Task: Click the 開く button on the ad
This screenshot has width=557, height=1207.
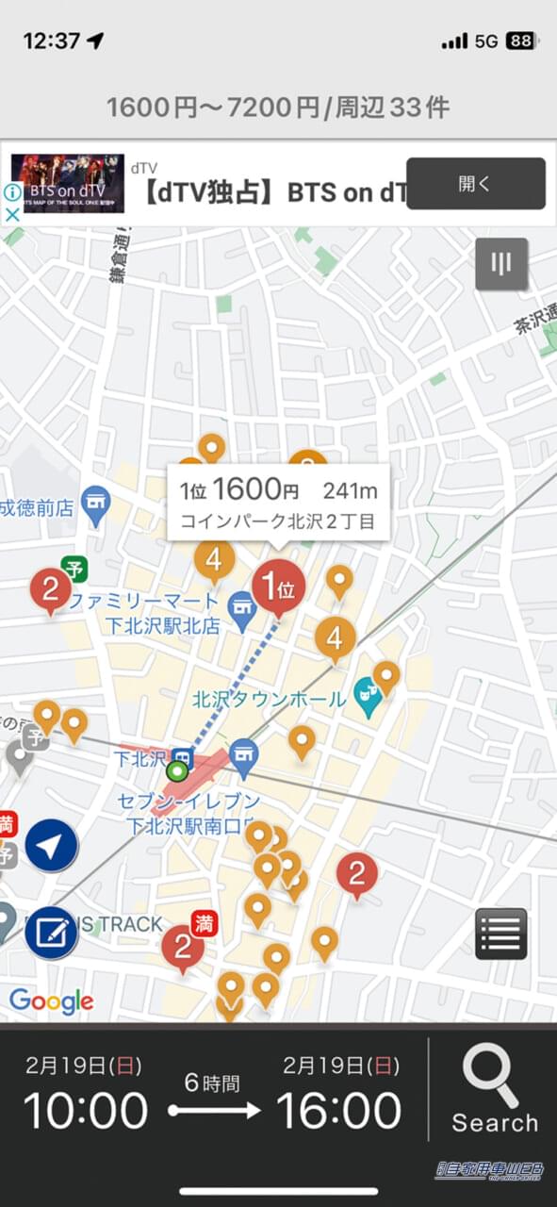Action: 475,183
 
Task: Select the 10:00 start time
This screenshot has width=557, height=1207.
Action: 86,1110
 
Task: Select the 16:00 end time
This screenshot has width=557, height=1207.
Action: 338,1110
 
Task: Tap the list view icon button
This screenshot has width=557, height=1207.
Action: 500,934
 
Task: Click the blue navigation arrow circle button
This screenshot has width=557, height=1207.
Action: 51,845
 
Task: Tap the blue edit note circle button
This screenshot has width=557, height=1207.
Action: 51,932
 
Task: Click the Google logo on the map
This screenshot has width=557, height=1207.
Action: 52,1001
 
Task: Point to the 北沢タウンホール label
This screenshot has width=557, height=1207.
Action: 269,700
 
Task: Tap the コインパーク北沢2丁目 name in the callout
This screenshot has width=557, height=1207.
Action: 277,521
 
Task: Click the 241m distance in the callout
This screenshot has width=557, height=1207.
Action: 350,490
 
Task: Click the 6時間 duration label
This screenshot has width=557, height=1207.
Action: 212,1083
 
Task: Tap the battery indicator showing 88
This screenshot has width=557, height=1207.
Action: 520,41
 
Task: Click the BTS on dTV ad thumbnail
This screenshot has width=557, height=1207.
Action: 67,183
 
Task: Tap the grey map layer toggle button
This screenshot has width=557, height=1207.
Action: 501,263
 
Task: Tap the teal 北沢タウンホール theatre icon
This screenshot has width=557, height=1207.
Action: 366,696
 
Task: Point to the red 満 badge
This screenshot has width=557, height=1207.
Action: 204,923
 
